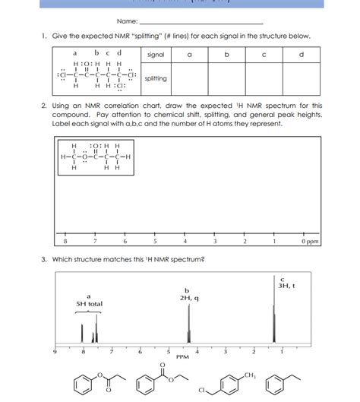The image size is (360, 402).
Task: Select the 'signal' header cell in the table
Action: [156, 55]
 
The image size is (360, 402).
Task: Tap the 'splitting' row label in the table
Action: [156, 79]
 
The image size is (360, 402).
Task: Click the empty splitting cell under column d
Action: [302, 79]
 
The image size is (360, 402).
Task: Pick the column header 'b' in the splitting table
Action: [226, 55]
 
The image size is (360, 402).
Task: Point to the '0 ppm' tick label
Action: [309, 241]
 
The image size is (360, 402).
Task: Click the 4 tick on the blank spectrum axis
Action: [185, 241]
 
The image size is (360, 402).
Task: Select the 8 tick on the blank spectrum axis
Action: [65, 241]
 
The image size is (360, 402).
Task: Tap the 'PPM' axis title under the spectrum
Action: [183, 356]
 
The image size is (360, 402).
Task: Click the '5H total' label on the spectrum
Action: [89, 304]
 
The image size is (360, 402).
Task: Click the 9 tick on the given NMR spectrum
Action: [54, 352]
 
